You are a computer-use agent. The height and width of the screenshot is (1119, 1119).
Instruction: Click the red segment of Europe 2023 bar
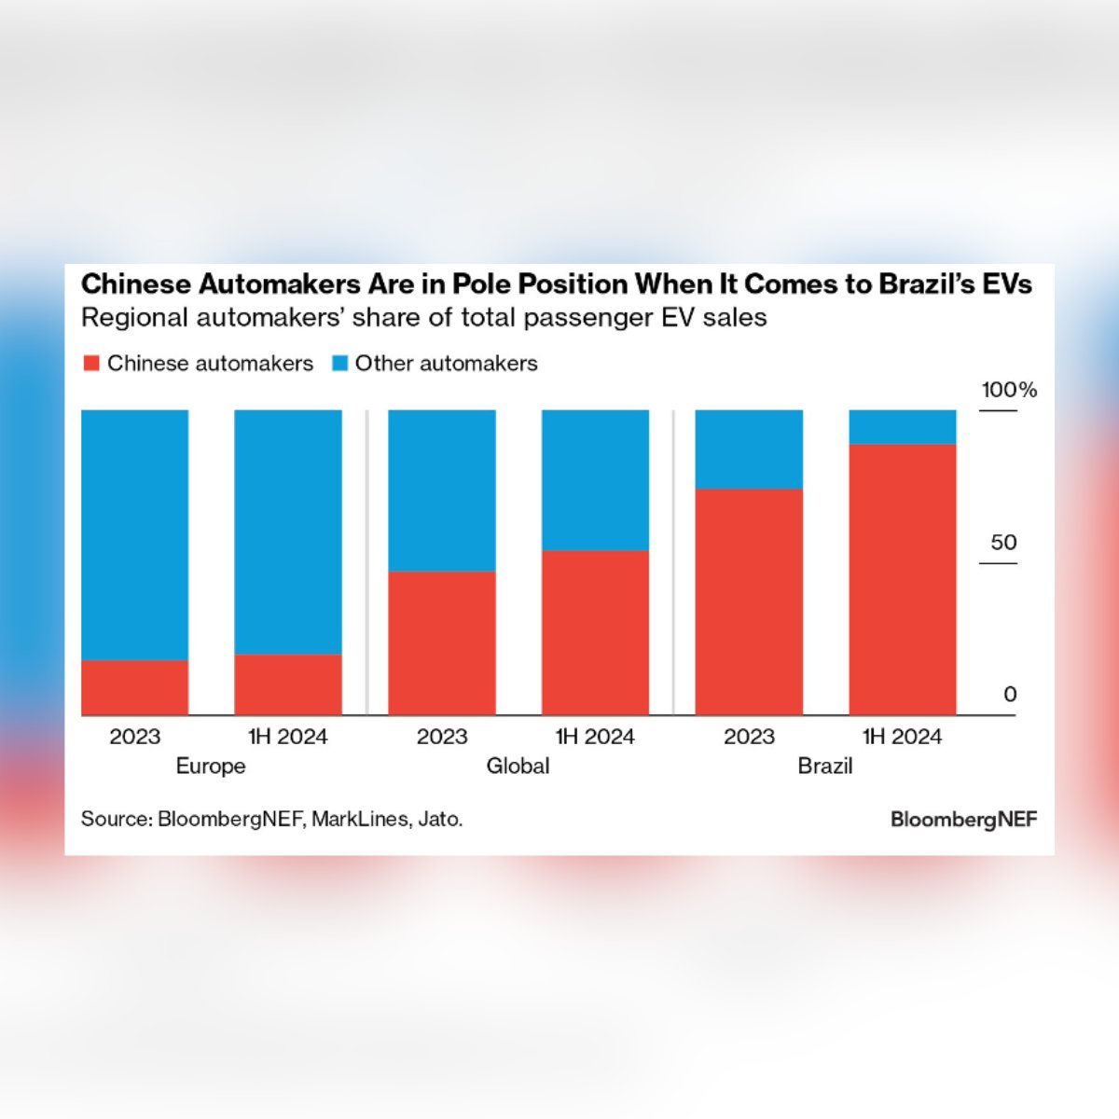click(135, 687)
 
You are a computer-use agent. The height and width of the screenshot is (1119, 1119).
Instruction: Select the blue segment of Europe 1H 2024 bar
click(288, 532)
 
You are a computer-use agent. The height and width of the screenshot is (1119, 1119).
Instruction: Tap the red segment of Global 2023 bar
click(442, 642)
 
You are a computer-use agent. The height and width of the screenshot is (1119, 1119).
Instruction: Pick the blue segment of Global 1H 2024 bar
click(595, 480)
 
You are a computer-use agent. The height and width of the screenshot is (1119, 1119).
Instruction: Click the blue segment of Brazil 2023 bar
click(749, 449)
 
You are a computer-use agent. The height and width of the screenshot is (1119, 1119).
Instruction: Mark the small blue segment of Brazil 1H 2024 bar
click(902, 427)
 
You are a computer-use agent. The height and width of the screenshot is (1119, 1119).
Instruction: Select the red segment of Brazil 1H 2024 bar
click(902, 579)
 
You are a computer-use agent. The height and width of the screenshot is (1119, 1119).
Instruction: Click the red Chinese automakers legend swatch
click(91, 364)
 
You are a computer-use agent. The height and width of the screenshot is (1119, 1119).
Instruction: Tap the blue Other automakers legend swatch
click(339, 364)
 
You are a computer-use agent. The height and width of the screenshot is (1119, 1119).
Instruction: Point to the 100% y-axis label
click(1008, 390)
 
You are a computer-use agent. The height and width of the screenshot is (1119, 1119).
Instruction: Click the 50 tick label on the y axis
click(1003, 543)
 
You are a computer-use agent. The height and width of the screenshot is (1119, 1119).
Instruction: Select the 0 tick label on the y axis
click(1010, 695)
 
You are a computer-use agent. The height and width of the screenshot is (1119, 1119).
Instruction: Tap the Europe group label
click(211, 767)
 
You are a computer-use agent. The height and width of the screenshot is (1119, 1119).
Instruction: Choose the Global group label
click(518, 767)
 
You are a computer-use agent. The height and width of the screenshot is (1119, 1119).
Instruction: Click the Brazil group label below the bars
click(824, 767)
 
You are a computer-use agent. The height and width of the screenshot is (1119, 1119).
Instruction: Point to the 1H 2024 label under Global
click(595, 737)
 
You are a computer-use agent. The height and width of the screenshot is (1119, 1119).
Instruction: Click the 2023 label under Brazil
click(749, 737)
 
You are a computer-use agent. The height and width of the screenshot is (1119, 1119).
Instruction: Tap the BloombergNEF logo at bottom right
click(963, 820)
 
